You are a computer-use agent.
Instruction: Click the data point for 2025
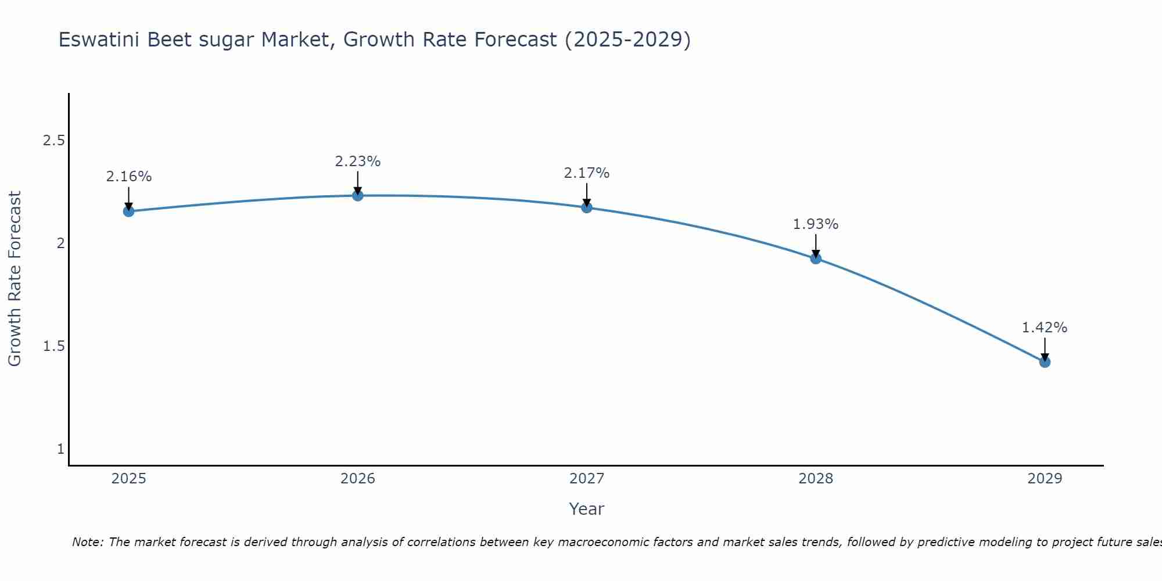coord(128,211)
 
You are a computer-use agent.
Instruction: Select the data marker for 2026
coord(358,196)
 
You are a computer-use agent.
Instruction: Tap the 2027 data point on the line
coord(587,207)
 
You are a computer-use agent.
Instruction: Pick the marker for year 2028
coord(816,259)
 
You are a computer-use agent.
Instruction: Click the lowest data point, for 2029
coord(1045,362)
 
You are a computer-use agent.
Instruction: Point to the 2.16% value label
coord(128,177)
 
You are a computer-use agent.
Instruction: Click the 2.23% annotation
coord(358,162)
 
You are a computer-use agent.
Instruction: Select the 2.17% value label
coord(587,173)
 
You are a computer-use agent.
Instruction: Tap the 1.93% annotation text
coord(816,224)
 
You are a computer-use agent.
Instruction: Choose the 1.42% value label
coord(1045,328)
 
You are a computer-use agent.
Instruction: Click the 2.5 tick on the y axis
coord(54,141)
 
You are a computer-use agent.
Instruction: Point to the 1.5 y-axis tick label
coord(54,346)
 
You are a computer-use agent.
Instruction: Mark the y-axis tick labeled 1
coord(60,449)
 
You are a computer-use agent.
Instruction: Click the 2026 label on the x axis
coord(358,479)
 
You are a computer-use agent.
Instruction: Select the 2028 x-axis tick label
coord(816,479)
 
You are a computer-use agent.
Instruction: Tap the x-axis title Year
coord(587,509)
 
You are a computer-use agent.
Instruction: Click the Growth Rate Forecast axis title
coord(15,279)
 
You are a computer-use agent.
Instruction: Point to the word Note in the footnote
coord(87,542)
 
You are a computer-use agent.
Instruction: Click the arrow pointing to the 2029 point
coord(1045,349)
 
